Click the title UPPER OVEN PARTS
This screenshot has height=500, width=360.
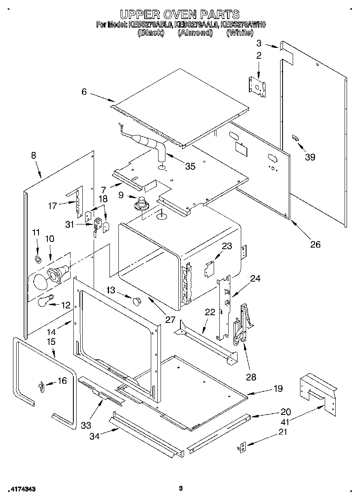coord(180,15)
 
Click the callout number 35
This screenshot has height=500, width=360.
coord(190,166)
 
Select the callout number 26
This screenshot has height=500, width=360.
coord(315,244)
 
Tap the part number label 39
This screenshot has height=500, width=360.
coord(310,157)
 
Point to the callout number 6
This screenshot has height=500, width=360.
coord(84,92)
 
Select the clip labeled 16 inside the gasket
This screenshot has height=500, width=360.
coord(41,387)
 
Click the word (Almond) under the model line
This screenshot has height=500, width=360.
coord(195,33)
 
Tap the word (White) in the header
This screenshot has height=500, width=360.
coord(240,33)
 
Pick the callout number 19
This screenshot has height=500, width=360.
coord(278,389)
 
